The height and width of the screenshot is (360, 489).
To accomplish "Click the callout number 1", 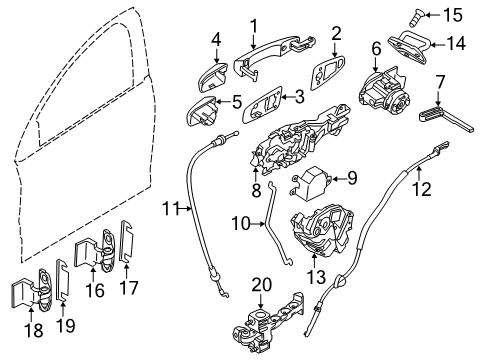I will (x=253, y=25).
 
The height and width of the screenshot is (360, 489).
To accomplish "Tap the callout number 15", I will (x=454, y=15).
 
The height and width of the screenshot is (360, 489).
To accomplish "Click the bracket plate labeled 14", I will (x=409, y=46).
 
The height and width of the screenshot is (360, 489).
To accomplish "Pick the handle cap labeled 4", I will (x=213, y=76).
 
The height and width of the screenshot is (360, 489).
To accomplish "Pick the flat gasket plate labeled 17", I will (x=126, y=244).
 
